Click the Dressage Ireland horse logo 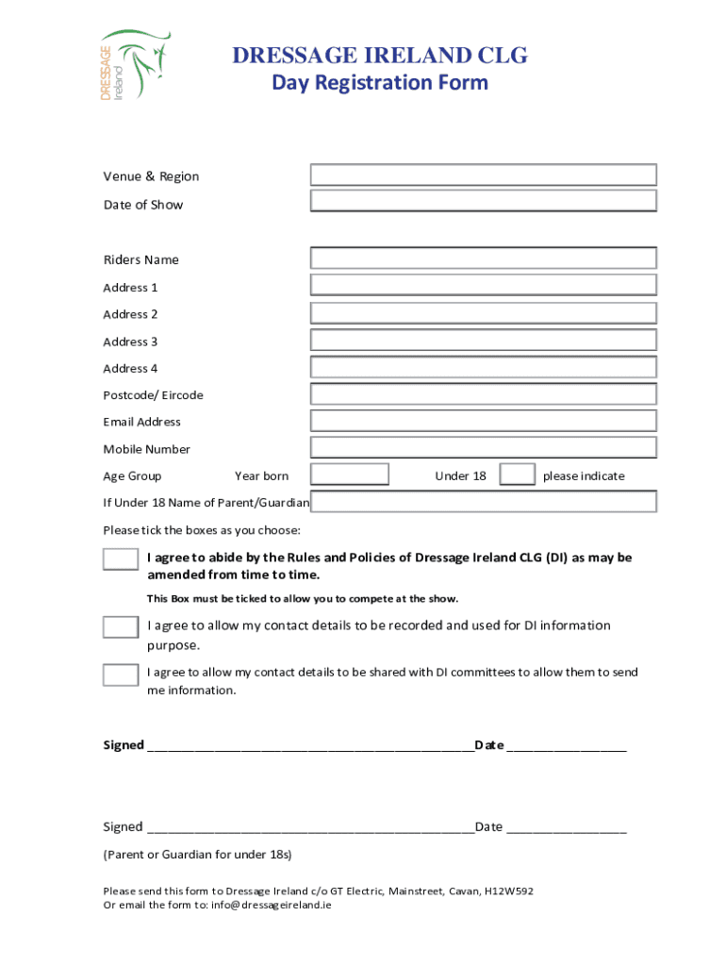click(x=135, y=64)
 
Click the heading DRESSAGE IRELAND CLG click(x=380, y=57)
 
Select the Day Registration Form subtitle click(x=380, y=83)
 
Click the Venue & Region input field click(x=483, y=175)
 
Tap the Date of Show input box click(x=483, y=201)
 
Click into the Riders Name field click(x=483, y=258)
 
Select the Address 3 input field click(x=483, y=341)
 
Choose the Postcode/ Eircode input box click(x=483, y=394)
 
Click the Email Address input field click(x=483, y=422)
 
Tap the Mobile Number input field click(x=483, y=448)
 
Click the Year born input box click(x=350, y=475)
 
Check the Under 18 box click(x=517, y=475)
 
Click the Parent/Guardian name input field click(x=483, y=502)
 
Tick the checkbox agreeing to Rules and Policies click(x=121, y=558)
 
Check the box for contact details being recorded click(x=121, y=626)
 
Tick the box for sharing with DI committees click(x=121, y=675)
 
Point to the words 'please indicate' click(x=584, y=476)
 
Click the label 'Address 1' click(x=130, y=288)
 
